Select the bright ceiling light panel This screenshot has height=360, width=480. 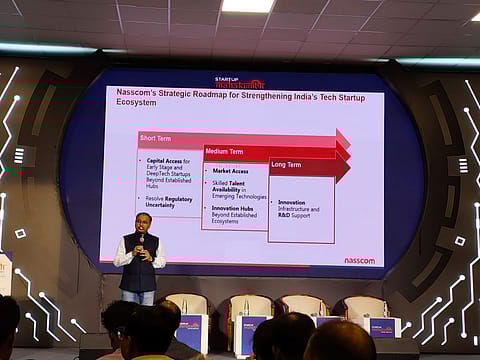pyautogui.click(x=247, y=6)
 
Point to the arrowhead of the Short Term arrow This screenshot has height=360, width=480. pyautogui.click(x=342, y=138)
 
